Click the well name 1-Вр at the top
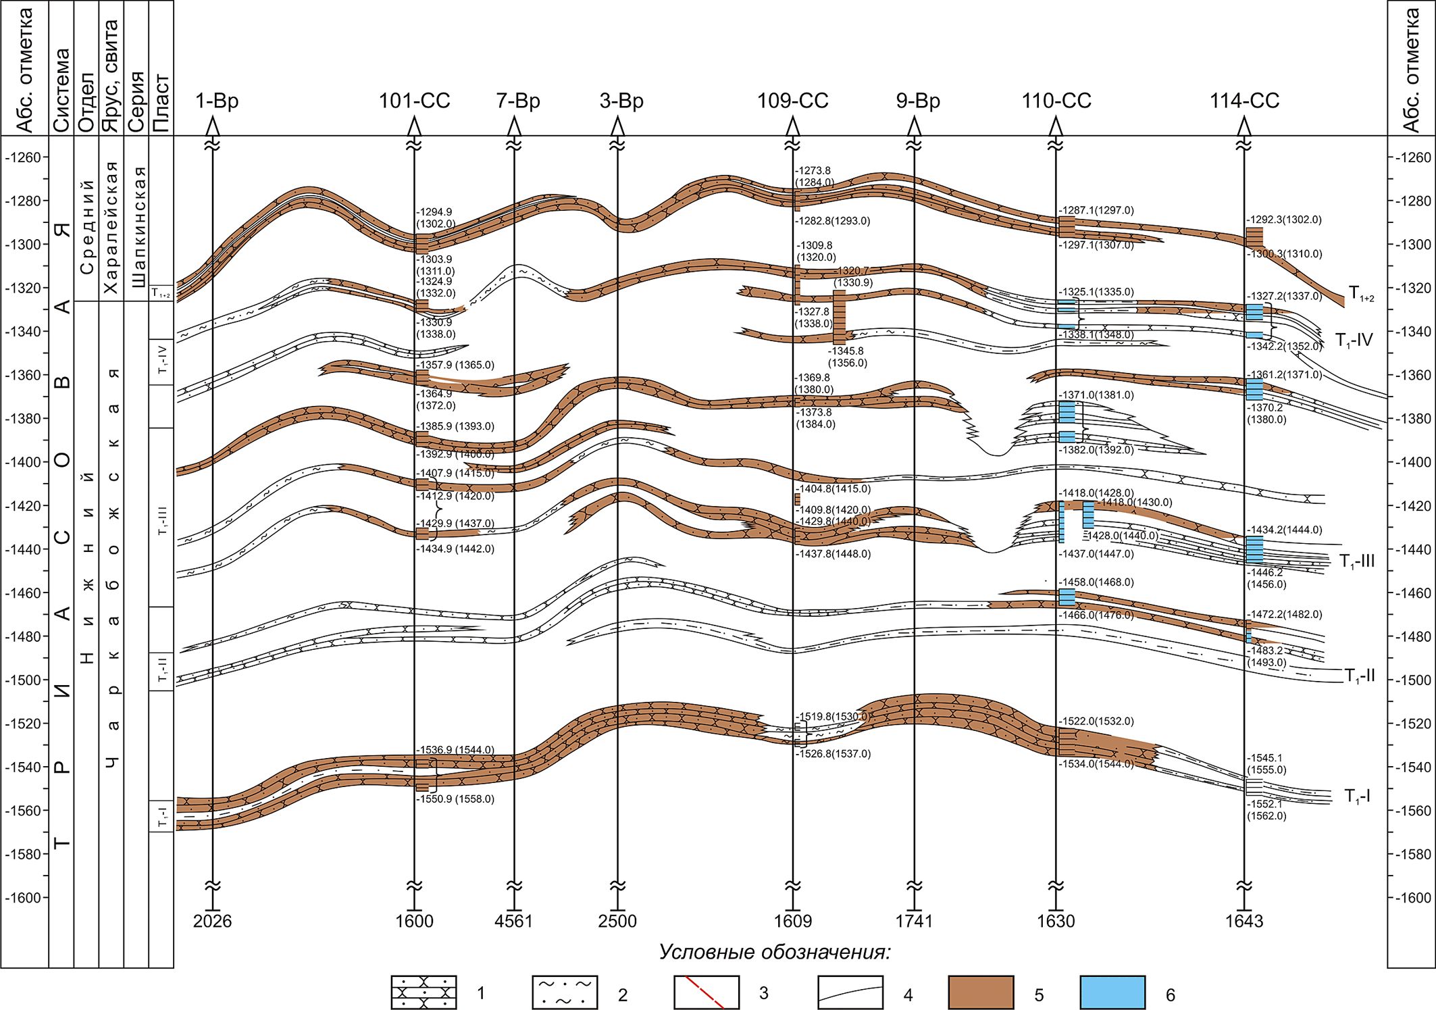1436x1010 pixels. pos(217,101)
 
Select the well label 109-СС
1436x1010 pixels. pos(792,101)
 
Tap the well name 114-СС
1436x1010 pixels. pos(1244,101)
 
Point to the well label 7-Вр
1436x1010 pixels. pos(518,101)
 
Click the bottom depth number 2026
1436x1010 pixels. pos(212,921)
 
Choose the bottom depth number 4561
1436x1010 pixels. pos(514,921)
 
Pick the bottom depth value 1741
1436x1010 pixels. pos(914,921)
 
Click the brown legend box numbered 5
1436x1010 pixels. pos(981,992)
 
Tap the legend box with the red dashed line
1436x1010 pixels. pos(706,992)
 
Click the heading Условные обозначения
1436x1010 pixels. pos(775,953)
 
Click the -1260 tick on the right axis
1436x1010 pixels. pos(1412,157)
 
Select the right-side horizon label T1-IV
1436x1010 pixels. pos(1354,340)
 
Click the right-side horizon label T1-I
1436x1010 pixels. pos(1356,797)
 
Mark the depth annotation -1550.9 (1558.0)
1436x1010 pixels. pos(455,799)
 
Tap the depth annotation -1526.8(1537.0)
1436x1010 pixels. pos(833,754)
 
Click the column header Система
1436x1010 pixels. pos(61,91)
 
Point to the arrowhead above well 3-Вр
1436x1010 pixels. pos(617,126)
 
